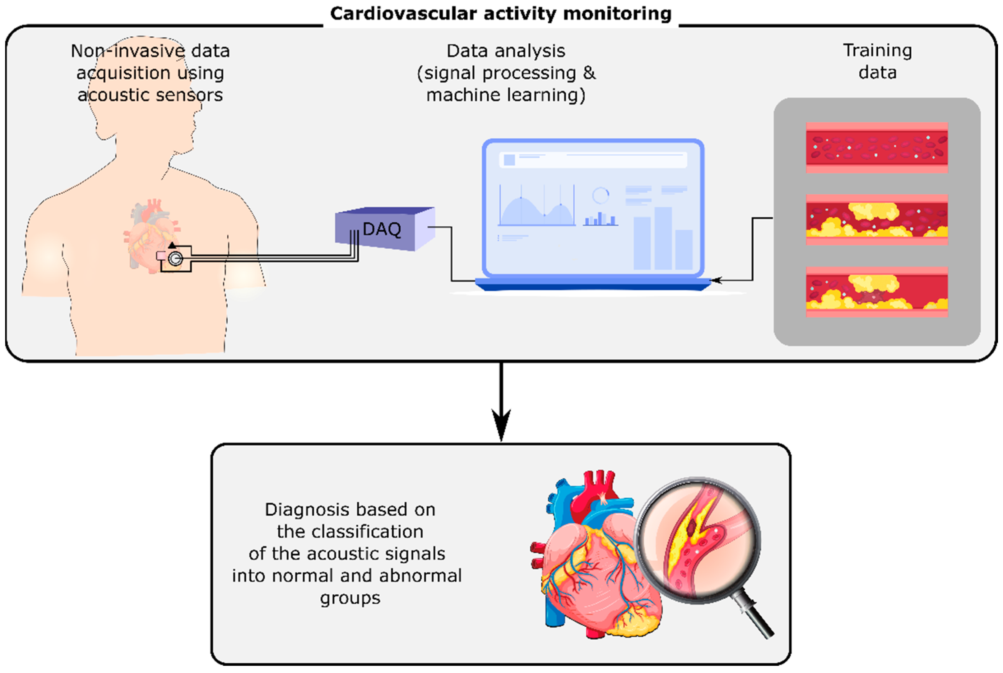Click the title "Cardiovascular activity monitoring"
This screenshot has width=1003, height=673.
point(501,14)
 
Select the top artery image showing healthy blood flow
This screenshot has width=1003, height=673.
point(876,147)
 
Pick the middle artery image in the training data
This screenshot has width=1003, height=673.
point(876,219)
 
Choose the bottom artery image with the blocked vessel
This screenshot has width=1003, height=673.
point(876,292)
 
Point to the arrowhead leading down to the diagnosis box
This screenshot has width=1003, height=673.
point(501,425)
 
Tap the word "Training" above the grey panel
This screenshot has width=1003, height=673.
point(877,51)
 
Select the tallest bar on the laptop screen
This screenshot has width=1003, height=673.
point(663,238)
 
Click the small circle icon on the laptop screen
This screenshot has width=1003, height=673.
point(600,195)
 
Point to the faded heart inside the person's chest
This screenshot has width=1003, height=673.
point(150,234)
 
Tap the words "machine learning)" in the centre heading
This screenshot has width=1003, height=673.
point(505,95)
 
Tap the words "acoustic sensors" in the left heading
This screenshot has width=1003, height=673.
point(150,95)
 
